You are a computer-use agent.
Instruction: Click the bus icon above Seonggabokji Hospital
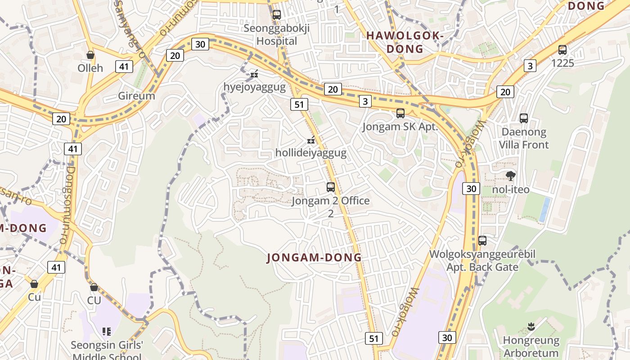coord(277,15)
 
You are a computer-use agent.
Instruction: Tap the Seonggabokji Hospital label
coord(277,35)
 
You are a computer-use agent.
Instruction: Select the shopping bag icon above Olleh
coord(90,55)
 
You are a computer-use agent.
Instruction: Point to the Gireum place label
coord(136,96)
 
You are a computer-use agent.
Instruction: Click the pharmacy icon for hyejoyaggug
coord(254,74)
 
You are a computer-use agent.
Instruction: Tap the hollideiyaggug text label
coord(311,153)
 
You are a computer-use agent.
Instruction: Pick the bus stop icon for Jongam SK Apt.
coord(400,113)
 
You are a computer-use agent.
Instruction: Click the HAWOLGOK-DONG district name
coord(405,42)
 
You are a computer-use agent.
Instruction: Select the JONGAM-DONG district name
coord(314,258)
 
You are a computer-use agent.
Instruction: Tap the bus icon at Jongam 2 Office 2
coord(331,187)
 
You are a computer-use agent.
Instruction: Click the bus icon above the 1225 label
coord(562,50)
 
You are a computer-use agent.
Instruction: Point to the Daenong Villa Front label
coord(524,139)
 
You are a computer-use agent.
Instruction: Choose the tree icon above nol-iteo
coord(510,176)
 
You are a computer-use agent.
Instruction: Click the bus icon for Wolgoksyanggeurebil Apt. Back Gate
coord(482,241)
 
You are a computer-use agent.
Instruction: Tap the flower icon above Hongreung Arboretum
coord(531,326)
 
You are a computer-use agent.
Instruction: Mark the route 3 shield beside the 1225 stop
coord(530,66)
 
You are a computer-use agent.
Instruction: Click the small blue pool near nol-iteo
coord(544,209)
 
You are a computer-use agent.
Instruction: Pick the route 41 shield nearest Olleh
coord(124,67)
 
